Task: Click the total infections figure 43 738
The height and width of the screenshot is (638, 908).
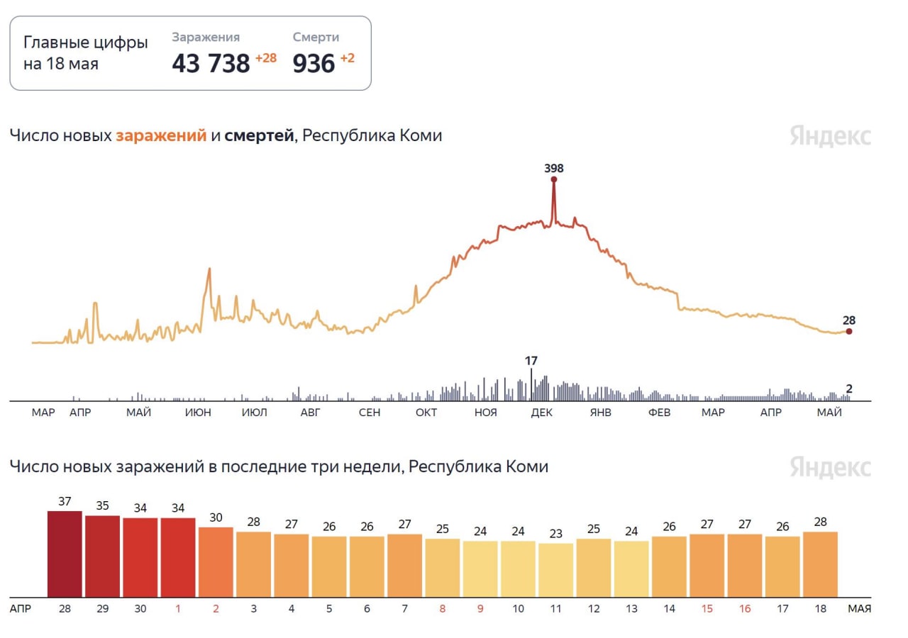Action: [211, 64]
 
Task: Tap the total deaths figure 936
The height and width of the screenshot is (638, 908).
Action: [314, 64]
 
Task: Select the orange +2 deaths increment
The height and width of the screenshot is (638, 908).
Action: [347, 58]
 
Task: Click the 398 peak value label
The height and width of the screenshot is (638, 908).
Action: [553, 168]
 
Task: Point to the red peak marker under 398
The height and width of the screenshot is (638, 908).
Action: [553, 179]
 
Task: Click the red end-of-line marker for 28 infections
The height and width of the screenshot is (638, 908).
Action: [849, 331]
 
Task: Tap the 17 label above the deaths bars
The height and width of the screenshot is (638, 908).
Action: [531, 361]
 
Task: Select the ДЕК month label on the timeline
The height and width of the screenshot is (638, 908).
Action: [542, 413]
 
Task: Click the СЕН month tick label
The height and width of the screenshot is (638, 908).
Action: [370, 413]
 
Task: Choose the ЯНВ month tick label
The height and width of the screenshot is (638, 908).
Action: [600, 413]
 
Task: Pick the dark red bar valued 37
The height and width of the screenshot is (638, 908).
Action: [65, 554]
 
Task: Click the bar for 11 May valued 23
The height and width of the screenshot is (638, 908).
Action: [555, 570]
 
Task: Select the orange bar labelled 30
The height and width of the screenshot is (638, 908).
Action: [216, 561]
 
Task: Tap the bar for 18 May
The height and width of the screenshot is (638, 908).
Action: [820, 564]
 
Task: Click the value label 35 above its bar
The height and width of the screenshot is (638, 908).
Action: [102, 506]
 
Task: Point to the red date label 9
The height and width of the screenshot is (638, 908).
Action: [480, 608]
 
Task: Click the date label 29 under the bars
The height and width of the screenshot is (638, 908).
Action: [102, 608]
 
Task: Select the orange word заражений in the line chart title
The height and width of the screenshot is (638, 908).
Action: [161, 135]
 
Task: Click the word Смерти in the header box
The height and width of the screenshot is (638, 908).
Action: [316, 37]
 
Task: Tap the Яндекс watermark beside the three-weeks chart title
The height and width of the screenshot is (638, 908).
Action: [830, 468]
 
